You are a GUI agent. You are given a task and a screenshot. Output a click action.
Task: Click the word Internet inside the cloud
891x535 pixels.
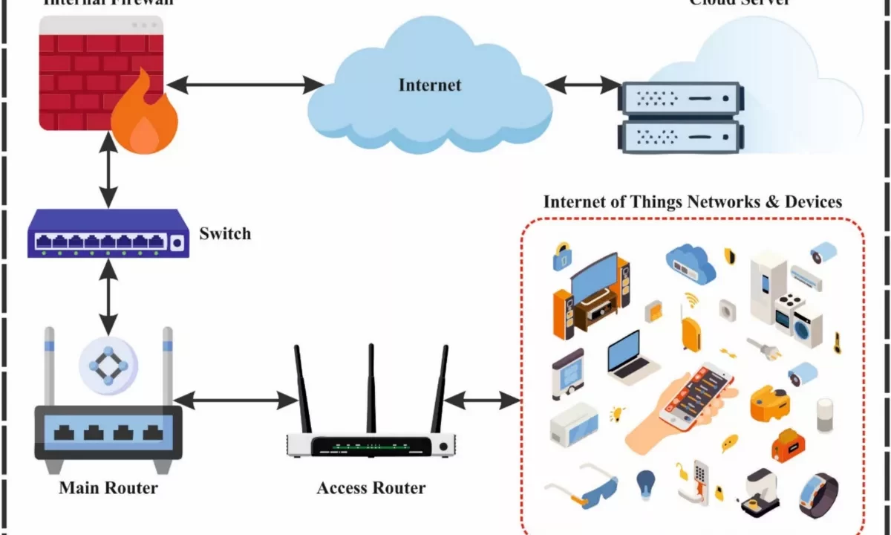click(430, 85)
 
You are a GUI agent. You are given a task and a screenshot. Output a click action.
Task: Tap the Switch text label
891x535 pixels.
click(225, 233)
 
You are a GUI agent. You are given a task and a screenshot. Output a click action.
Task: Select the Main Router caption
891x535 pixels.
click(108, 488)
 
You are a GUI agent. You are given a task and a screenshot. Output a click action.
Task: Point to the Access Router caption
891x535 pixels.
click(371, 488)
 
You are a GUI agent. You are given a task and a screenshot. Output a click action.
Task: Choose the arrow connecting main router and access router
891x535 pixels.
click(236, 401)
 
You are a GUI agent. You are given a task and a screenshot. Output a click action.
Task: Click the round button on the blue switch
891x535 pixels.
click(177, 242)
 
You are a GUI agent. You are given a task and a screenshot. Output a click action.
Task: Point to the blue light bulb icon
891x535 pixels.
click(645, 484)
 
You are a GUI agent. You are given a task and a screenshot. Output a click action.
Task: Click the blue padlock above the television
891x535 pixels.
click(561, 256)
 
